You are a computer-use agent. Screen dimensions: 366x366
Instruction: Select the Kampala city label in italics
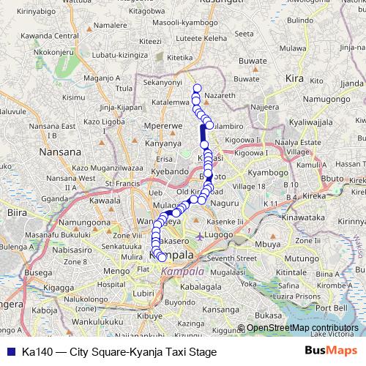point(183,271)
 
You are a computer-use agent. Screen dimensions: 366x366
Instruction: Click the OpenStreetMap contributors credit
point(302,329)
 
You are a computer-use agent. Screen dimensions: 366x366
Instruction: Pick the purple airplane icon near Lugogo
point(201,236)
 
